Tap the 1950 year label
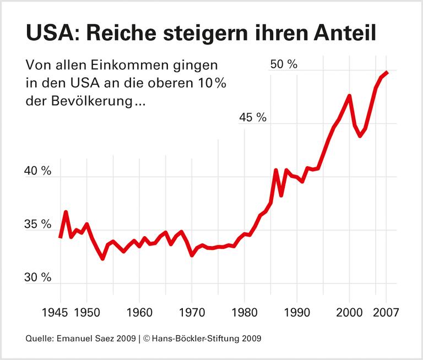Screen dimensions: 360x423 [x=86, y=312]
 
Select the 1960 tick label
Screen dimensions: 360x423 [x=139, y=312]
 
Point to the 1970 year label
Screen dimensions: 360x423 [x=192, y=312]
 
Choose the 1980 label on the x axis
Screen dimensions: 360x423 [x=244, y=312]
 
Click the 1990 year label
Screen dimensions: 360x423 [x=297, y=312]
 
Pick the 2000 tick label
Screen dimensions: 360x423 [x=349, y=312]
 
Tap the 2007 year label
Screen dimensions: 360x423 [x=386, y=312]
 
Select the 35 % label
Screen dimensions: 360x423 [x=38, y=225]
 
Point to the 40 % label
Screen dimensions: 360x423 [x=38, y=171]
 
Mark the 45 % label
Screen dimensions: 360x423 [x=253, y=118]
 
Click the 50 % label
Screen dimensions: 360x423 [x=284, y=64]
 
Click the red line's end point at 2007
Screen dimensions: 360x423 [x=387, y=72]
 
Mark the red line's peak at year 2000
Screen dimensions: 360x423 [x=349, y=96]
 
